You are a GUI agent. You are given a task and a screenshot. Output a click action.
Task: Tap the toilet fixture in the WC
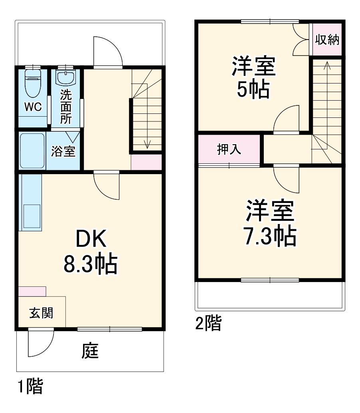coord(32,82)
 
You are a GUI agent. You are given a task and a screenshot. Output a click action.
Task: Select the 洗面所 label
coord(66,107)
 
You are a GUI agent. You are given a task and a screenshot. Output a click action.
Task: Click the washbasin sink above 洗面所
coord(65,77)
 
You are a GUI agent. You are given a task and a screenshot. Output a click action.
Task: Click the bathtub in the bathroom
coord(32,151)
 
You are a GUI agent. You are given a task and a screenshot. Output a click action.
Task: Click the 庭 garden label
coord(91,351)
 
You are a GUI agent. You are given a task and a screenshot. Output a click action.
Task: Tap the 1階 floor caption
coord(30,387)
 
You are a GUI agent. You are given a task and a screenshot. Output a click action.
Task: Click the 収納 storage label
coord(327,40)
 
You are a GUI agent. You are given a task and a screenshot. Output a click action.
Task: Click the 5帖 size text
coord(253,89)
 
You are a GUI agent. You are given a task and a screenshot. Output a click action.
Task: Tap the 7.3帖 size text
coord(270,237)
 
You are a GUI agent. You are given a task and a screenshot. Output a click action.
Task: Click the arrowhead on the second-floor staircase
coord(327,64)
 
